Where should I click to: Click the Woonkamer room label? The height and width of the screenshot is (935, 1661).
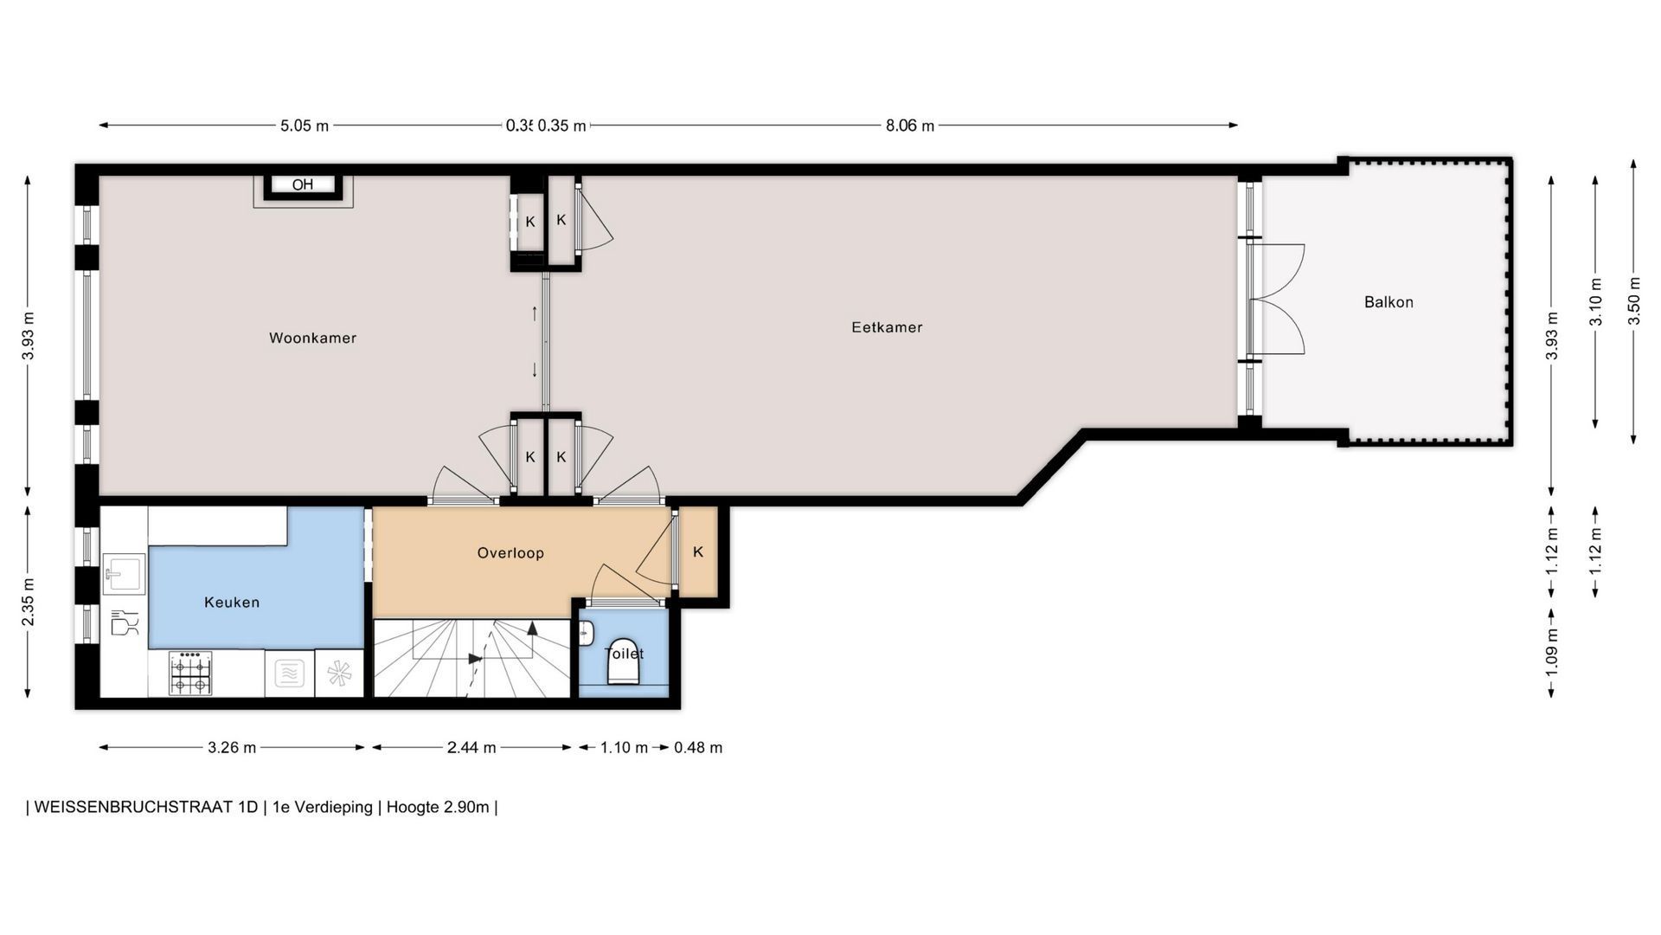tap(312, 338)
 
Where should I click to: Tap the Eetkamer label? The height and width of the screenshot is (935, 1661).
tap(887, 327)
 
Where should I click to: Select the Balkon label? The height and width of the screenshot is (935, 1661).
tap(1388, 302)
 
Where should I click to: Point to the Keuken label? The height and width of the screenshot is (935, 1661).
tap(232, 603)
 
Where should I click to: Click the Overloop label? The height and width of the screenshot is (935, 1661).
tap(510, 552)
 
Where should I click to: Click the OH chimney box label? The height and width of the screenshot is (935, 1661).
tap(303, 184)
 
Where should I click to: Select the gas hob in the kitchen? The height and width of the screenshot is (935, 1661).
tap(190, 673)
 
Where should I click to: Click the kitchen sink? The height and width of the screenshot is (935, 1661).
tap(125, 574)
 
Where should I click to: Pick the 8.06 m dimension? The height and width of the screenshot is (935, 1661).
tap(910, 126)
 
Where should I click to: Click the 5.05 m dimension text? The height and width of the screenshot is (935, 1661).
tap(305, 126)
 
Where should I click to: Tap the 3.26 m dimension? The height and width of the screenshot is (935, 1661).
tap(232, 747)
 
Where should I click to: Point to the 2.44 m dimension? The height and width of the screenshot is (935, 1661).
tap(471, 747)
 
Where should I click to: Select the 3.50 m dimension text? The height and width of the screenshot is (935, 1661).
tap(1633, 300)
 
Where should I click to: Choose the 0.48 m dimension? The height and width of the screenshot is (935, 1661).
tap(698, 747)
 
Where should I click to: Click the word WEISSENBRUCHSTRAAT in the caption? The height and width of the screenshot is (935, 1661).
tap(146, 807)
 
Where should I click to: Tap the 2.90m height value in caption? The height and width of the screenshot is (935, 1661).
tap(465, 807)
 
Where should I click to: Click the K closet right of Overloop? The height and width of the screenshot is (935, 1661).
tap(698, 551)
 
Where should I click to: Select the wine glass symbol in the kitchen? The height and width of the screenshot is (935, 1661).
tap(125, 622)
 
